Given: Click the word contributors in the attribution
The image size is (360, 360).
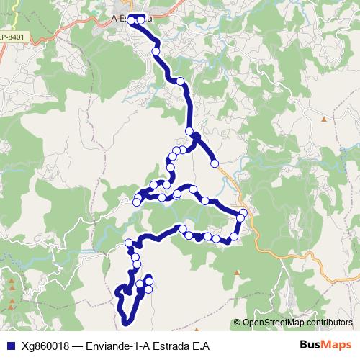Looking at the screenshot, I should [330, 323].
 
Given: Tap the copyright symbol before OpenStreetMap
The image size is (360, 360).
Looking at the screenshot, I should [237, 323].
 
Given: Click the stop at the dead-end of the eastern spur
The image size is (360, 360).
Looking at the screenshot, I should [214, 164].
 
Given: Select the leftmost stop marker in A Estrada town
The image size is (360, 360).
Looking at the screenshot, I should [132, 19].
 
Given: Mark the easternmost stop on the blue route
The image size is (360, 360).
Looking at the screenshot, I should [244, 212].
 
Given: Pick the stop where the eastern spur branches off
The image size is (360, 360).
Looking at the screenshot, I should [190, 132].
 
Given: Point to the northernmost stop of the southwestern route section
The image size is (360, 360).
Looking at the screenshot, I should [130, 243].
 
